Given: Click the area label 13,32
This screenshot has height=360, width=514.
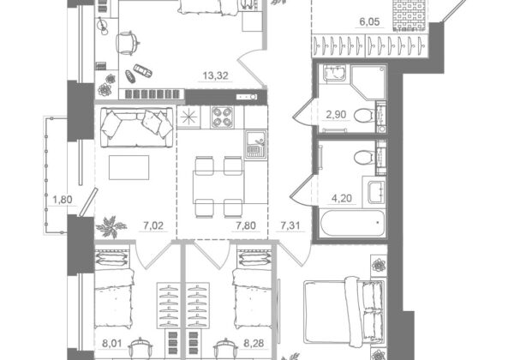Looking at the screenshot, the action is point(215,75).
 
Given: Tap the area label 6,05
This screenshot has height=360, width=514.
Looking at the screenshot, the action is point(369,22).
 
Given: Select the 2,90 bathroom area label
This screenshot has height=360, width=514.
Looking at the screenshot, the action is point(336,115).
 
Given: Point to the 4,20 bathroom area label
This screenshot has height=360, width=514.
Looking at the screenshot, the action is point(342,198).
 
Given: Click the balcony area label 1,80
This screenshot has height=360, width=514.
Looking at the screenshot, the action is point(63,200).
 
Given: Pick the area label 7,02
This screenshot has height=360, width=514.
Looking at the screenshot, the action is point(153,225).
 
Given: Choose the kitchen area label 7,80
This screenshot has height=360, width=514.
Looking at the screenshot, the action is point(246,225).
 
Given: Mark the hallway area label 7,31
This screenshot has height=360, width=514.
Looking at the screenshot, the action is point(290,225).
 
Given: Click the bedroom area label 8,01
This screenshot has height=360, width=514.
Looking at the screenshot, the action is point(112,344).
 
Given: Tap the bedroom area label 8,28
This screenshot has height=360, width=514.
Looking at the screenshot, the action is point(254,344).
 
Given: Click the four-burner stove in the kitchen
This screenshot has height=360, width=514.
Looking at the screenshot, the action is point(222,117).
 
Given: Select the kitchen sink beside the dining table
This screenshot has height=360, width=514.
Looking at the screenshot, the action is point(254,145).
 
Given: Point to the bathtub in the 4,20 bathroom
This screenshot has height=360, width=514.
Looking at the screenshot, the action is point(352,223).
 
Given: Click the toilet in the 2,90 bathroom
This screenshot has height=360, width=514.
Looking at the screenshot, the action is point(364,116).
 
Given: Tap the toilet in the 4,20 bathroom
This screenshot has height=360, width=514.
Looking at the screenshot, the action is point(364,157).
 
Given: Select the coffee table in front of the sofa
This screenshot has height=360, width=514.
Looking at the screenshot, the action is point(128,167).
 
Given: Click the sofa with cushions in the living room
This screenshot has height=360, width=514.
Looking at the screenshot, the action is point(137,128).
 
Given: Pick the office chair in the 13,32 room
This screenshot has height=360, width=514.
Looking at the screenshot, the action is point(127,43).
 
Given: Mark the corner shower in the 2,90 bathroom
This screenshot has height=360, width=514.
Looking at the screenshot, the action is point(368,82).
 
